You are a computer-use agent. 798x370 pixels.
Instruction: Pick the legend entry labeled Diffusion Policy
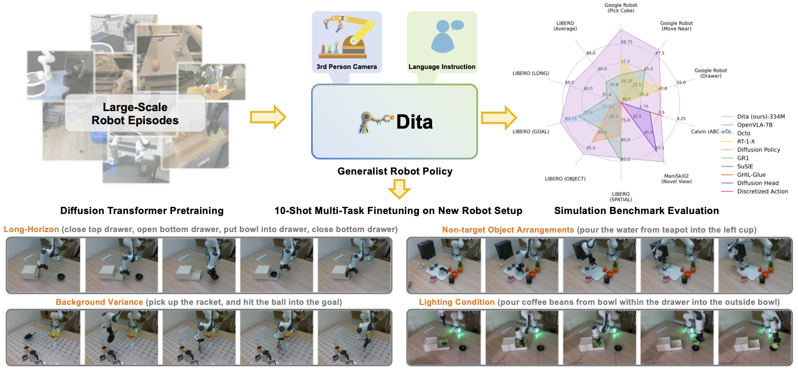coord(759,149)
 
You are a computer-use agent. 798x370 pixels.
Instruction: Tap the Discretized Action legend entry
coord(762,192)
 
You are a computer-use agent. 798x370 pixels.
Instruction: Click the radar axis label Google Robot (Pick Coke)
coord(621,8)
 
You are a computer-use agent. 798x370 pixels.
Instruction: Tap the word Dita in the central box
coord(414,122)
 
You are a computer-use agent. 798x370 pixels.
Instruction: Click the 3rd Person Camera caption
coord(347,67)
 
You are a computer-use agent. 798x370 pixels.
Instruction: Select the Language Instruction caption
coord(442,67)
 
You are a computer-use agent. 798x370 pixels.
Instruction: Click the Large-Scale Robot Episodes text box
coord(135,113)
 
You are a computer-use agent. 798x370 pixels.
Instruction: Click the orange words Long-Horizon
coord(31,229)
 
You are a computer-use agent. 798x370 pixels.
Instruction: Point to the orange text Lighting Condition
coord(456,302)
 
